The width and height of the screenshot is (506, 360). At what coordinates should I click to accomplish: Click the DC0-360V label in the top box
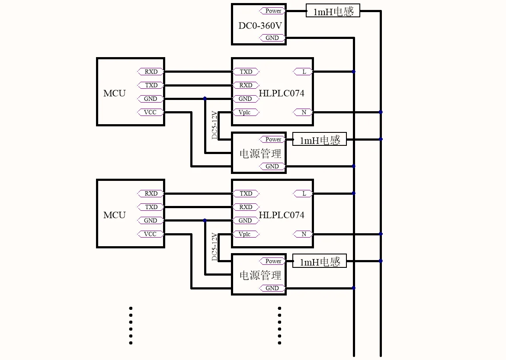click(260, 26)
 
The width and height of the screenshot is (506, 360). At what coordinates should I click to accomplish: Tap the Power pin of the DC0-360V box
click(272, 11)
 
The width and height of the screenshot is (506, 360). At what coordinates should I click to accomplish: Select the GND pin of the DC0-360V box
click(272, 38)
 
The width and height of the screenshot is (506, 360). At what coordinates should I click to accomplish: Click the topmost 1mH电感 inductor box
click(333, 11)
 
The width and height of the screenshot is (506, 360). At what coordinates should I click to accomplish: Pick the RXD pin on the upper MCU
click(151, 72)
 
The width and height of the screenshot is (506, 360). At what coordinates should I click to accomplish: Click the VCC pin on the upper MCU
click(151, 112)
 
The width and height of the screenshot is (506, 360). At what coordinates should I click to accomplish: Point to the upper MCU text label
click(114, 93)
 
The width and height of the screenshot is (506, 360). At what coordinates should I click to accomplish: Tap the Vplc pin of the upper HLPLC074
click(245, 112)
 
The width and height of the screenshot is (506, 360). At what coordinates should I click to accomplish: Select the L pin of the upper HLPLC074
click(303, 72)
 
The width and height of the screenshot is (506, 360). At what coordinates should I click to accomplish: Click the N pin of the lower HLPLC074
click(303, 234)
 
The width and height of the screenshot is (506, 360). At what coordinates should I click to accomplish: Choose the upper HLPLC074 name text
click(282, 93)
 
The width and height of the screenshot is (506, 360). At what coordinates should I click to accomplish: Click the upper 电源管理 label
click(260, 153)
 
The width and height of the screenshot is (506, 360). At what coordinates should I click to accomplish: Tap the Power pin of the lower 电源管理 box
click(272, 261)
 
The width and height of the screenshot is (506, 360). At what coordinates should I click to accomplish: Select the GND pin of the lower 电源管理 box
click(272, 288)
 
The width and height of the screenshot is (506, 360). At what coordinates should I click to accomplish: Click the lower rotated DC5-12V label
click(214, 247)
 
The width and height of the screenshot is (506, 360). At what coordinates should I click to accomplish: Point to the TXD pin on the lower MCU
click(151, 207)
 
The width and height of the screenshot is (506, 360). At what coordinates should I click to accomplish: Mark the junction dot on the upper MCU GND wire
click(205, 99)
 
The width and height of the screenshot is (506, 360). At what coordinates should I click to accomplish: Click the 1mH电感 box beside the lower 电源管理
click(320, 261)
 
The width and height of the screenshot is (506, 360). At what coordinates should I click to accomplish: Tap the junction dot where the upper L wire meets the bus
click(354, 72)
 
